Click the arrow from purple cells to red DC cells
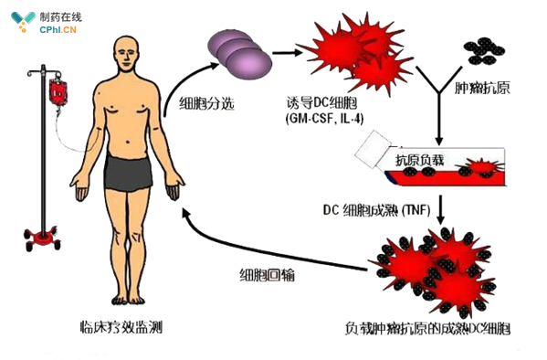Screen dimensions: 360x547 287,52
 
